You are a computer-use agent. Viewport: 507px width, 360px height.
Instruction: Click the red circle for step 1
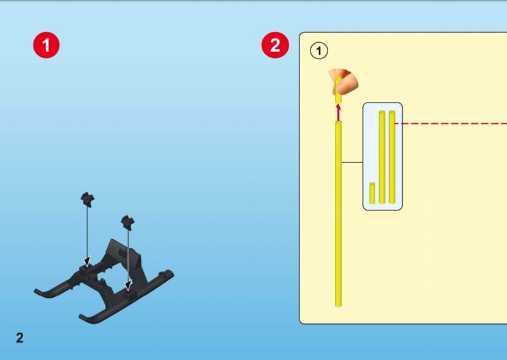click(x=46, y=45)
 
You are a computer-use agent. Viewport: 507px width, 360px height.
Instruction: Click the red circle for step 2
click(x=275, y=45)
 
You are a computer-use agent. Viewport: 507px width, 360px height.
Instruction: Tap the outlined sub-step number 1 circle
click(x=319, y=51)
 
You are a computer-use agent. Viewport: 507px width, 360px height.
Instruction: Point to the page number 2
click(x=20, y=338)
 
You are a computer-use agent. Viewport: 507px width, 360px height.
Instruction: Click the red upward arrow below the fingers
click(x=338, y=112)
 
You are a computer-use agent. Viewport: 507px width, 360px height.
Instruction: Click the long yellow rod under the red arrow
click(x=339, y=214)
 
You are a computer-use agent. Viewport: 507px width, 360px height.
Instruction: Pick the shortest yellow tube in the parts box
click(x=373, y=193)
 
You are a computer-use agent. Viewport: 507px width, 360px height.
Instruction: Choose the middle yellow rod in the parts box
click(x=382, y=157)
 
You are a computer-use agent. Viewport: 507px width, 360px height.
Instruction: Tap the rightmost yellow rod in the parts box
click(x=392, y=157)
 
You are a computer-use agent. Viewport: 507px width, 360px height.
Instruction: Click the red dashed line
click(x=451, y=123)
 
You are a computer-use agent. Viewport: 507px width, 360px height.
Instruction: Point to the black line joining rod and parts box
click(x=352, y=162)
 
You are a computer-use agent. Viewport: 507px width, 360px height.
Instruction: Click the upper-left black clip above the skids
click(x=87, y=198)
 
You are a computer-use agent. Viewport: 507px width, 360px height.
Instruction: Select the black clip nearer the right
click(x=128, y=222)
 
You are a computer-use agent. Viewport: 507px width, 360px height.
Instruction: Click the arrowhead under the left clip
click(x=87, y=261)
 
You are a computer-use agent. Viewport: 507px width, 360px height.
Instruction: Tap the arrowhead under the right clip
click(x=129, y=285)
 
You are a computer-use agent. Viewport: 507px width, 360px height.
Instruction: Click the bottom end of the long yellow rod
click(x=339, y=305)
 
